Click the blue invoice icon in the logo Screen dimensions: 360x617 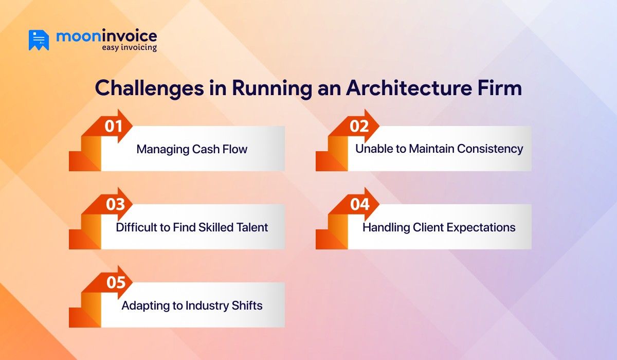[x=39, y=40]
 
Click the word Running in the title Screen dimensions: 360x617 [x=271, y=88]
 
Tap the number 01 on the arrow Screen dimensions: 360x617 [x=114, y=126]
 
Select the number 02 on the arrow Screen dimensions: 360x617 [x=360, y=126]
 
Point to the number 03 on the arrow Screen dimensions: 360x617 [x=115, y=204]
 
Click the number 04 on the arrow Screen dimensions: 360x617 [x=360, y=204]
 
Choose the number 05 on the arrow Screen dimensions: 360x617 [x=116, y=282]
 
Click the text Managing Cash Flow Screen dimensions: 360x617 [x=192, y=150]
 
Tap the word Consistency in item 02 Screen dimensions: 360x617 [x=492, y=149]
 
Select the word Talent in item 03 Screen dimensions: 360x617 [x=251, y=227]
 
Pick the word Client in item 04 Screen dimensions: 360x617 [x=427, y=227]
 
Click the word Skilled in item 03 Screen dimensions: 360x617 [x=212, y=227]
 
